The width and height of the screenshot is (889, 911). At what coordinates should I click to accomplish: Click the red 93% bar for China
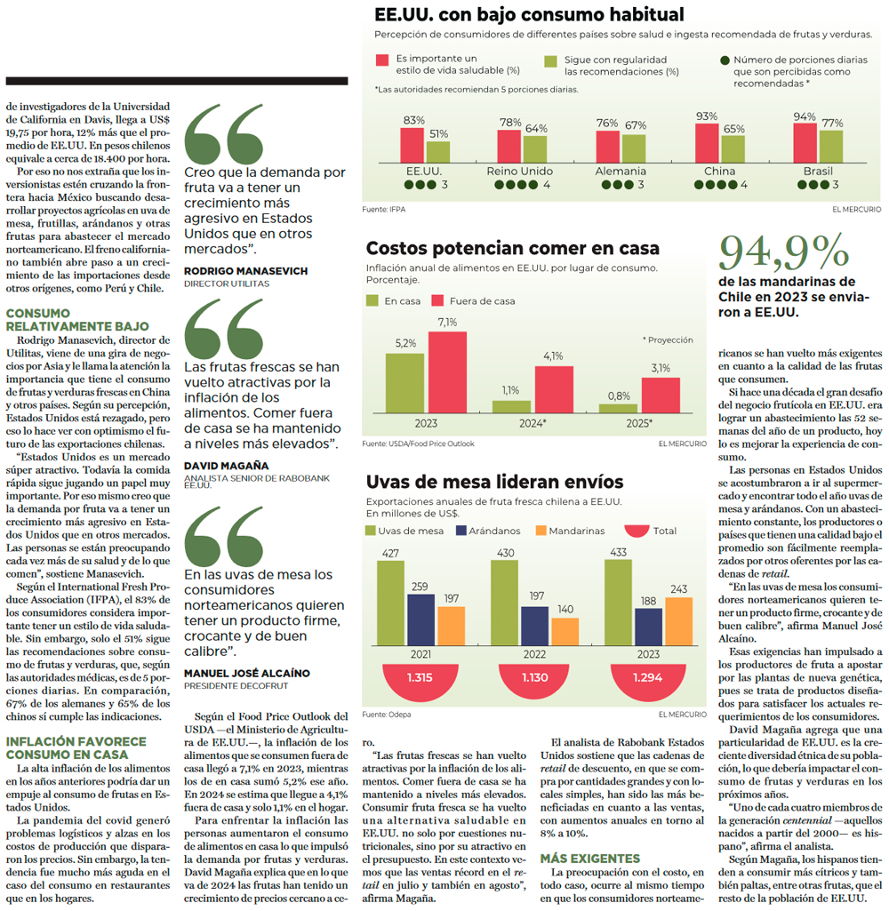click(707, 143)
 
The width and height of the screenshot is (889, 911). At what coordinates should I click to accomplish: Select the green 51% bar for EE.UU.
click(438, 152)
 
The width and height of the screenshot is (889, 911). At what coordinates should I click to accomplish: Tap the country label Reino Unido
click(520, 172)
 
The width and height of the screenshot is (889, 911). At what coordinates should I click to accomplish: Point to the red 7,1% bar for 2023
click(447, 372)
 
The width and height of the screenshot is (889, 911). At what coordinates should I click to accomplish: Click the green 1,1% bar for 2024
click(511, 407)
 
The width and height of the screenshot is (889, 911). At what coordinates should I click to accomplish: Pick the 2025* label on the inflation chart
click(639, 424)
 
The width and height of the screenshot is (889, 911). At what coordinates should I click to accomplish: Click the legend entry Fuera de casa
click(474, 301)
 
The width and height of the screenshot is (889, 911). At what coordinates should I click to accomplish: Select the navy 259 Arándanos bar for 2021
click(420, 619)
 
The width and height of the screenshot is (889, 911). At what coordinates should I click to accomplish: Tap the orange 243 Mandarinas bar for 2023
click(678, 621)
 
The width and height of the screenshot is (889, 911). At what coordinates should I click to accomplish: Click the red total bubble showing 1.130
click(534, 680)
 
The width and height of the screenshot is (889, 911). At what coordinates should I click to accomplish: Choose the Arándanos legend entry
click(488, 531)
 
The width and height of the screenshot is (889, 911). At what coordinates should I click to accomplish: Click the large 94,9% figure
click(784, 252)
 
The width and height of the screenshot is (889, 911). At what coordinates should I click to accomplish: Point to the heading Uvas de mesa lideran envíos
click(494, 482)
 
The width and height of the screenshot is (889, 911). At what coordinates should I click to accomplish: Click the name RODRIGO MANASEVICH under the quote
click(245, 271)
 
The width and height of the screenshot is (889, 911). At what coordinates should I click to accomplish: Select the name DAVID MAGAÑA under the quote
click(227, 466)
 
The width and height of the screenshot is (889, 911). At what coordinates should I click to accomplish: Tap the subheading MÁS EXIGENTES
click(589, 859)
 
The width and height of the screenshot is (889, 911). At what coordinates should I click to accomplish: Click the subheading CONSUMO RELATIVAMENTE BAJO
click(78, 320)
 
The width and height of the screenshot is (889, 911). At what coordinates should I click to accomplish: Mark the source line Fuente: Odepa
click(387, 715)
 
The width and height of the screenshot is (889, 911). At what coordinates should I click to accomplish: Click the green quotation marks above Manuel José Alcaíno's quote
click(224, 536)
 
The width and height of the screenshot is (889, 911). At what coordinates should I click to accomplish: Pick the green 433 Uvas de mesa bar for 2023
click(618, 603)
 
